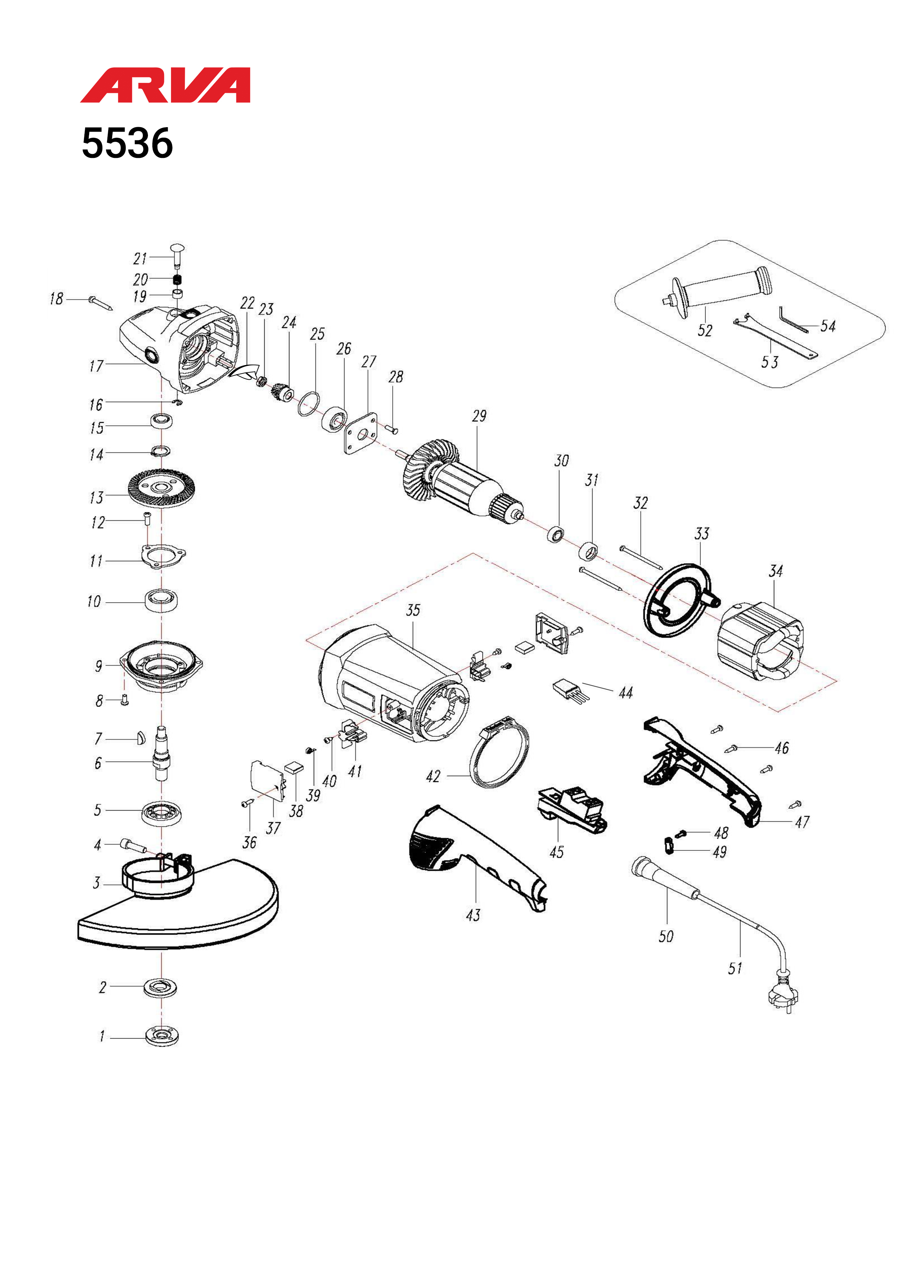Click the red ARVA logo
tap(165, 86)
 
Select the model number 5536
tap(127, 144)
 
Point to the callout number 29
tap(479, 416)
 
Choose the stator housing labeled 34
tap(760, 641)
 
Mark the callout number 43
tap(473, 915)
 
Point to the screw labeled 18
tap(100, 303)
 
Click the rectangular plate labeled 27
tap(361, 434)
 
